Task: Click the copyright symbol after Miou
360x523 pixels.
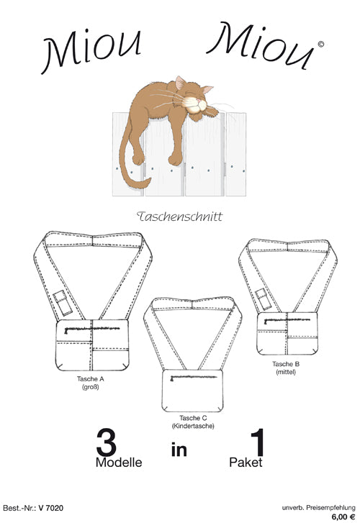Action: (320, 44)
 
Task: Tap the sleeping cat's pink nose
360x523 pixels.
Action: (199, 99)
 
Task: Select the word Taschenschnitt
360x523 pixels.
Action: (180, 217)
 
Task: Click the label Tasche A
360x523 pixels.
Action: (91, 379)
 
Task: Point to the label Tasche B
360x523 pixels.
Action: (286, 364)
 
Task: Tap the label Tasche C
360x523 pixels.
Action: (193, 418)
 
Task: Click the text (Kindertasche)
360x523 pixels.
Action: (193, 426)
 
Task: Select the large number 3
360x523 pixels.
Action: (106, 442)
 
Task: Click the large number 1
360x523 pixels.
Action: (258, 442)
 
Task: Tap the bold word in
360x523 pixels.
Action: (179, 450)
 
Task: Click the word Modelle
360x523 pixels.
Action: (119, 463)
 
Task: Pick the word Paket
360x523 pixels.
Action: (246, 463)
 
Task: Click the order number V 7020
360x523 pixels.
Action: (51, 508)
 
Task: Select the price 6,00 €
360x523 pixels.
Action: (343, 517)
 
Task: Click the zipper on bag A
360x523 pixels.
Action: (92, 329)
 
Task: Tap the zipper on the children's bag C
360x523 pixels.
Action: (194, 377)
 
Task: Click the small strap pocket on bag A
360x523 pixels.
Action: (63, 303)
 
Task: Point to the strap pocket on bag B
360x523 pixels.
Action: (264, 299)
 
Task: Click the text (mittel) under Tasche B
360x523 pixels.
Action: (286, 372)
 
